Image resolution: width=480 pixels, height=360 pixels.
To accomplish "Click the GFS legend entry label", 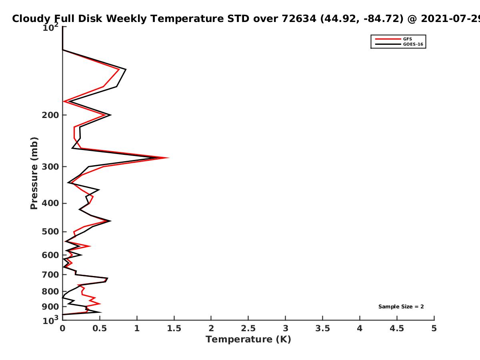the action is point(407,39).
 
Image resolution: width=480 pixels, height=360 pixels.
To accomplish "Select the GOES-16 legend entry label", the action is point(413,44).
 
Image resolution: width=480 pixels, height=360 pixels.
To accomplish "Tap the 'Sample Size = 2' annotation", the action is point(401,307).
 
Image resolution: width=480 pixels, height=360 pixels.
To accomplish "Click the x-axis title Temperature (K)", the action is point(248,339).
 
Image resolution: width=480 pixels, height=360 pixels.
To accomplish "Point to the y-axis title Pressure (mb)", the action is point(34,173).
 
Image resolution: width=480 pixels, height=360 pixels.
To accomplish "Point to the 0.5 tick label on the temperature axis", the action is point(100,328).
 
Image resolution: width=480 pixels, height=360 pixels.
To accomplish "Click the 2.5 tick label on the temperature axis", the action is point(248,328).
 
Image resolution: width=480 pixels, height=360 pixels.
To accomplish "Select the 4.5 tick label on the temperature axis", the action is point(397,328).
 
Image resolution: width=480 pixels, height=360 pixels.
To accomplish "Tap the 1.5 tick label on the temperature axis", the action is point(174,328).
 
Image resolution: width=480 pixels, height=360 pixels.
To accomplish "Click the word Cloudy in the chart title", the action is point(31,19).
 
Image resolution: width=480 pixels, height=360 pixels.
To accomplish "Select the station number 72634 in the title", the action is point(299,19).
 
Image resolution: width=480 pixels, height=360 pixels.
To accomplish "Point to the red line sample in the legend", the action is point(388,39).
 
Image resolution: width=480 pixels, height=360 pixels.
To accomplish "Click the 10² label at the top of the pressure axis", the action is point(50,27).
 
